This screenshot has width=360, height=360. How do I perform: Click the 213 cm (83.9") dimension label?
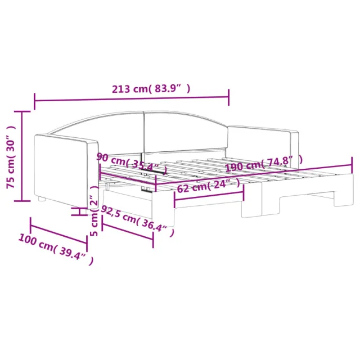coord(151,89)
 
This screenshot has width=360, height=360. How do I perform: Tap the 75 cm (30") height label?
coord(11,157)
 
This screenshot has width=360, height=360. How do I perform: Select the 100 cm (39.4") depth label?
coord(56,249)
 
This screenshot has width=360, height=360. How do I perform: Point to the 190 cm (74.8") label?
coord(264,164)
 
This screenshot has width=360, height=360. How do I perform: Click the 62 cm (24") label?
coord(209,186)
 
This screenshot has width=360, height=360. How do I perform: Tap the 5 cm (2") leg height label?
coord(94,211)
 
